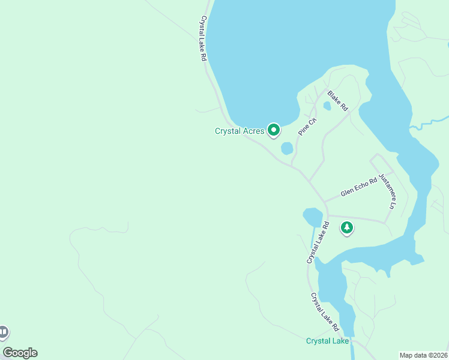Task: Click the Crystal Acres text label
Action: (240, 131)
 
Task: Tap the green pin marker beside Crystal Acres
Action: (274, 130)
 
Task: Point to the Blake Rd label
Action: (337, 101)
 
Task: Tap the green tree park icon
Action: (346, 227)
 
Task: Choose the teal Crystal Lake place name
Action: (327, 341)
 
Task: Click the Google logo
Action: (20, 353)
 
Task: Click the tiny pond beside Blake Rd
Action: (327, 106)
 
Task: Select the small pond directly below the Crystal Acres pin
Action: (287, 148)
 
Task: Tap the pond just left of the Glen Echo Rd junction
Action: (312, 216)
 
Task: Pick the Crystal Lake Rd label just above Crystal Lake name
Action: (325, 312)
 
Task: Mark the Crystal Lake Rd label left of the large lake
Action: (203, 39)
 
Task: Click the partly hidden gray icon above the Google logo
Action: (4, 332)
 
